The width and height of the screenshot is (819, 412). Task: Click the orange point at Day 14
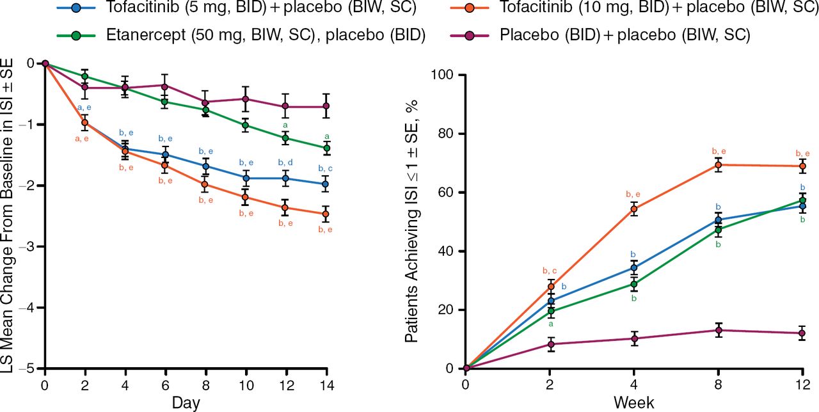point(326,214)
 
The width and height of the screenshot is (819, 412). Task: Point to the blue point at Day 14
point(326,184)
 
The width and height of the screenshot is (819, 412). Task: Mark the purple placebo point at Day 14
point(326,106)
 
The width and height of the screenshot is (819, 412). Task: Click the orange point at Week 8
point(718,165)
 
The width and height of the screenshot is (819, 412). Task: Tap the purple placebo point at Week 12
point(802,333)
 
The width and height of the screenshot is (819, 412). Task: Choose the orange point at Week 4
point(634,209)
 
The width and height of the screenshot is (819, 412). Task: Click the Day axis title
point(186,403)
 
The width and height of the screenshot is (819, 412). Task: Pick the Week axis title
point(633,403)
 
